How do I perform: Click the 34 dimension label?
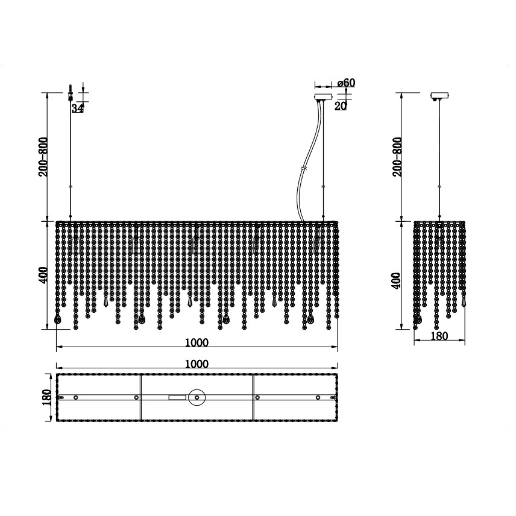(77, 108)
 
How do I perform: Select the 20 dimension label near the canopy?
(341, 106)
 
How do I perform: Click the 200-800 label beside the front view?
(43, 157)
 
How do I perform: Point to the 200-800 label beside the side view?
(397, 157)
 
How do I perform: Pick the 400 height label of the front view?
(43, 275)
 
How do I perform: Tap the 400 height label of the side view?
(397, 280)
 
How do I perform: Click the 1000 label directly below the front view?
(197, 342)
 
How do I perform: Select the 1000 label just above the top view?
(197, 364)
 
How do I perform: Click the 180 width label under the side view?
(439, 336)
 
